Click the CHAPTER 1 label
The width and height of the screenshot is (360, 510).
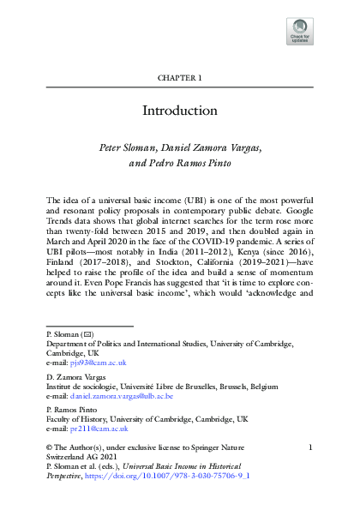click(x=179, y=78)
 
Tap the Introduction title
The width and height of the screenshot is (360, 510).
click(x=179, y=111)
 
